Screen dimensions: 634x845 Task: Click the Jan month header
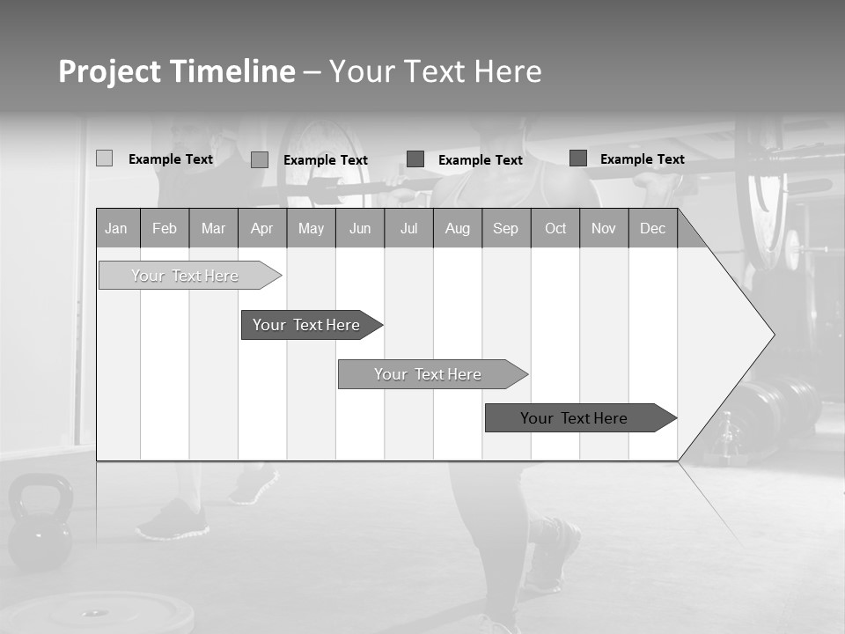116,228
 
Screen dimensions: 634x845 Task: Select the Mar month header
213,228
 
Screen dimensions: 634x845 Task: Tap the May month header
311,228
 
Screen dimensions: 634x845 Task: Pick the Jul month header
408,228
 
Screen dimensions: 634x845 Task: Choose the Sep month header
505,228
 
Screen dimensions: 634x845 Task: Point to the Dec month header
652,228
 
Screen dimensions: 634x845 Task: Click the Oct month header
555,228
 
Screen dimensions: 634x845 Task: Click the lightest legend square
104,158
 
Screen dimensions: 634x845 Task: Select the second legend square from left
260,159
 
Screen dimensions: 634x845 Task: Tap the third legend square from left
415,159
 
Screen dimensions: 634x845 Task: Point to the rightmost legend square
578,158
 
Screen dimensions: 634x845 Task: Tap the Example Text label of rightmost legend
642,158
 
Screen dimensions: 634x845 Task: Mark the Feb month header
165,228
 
